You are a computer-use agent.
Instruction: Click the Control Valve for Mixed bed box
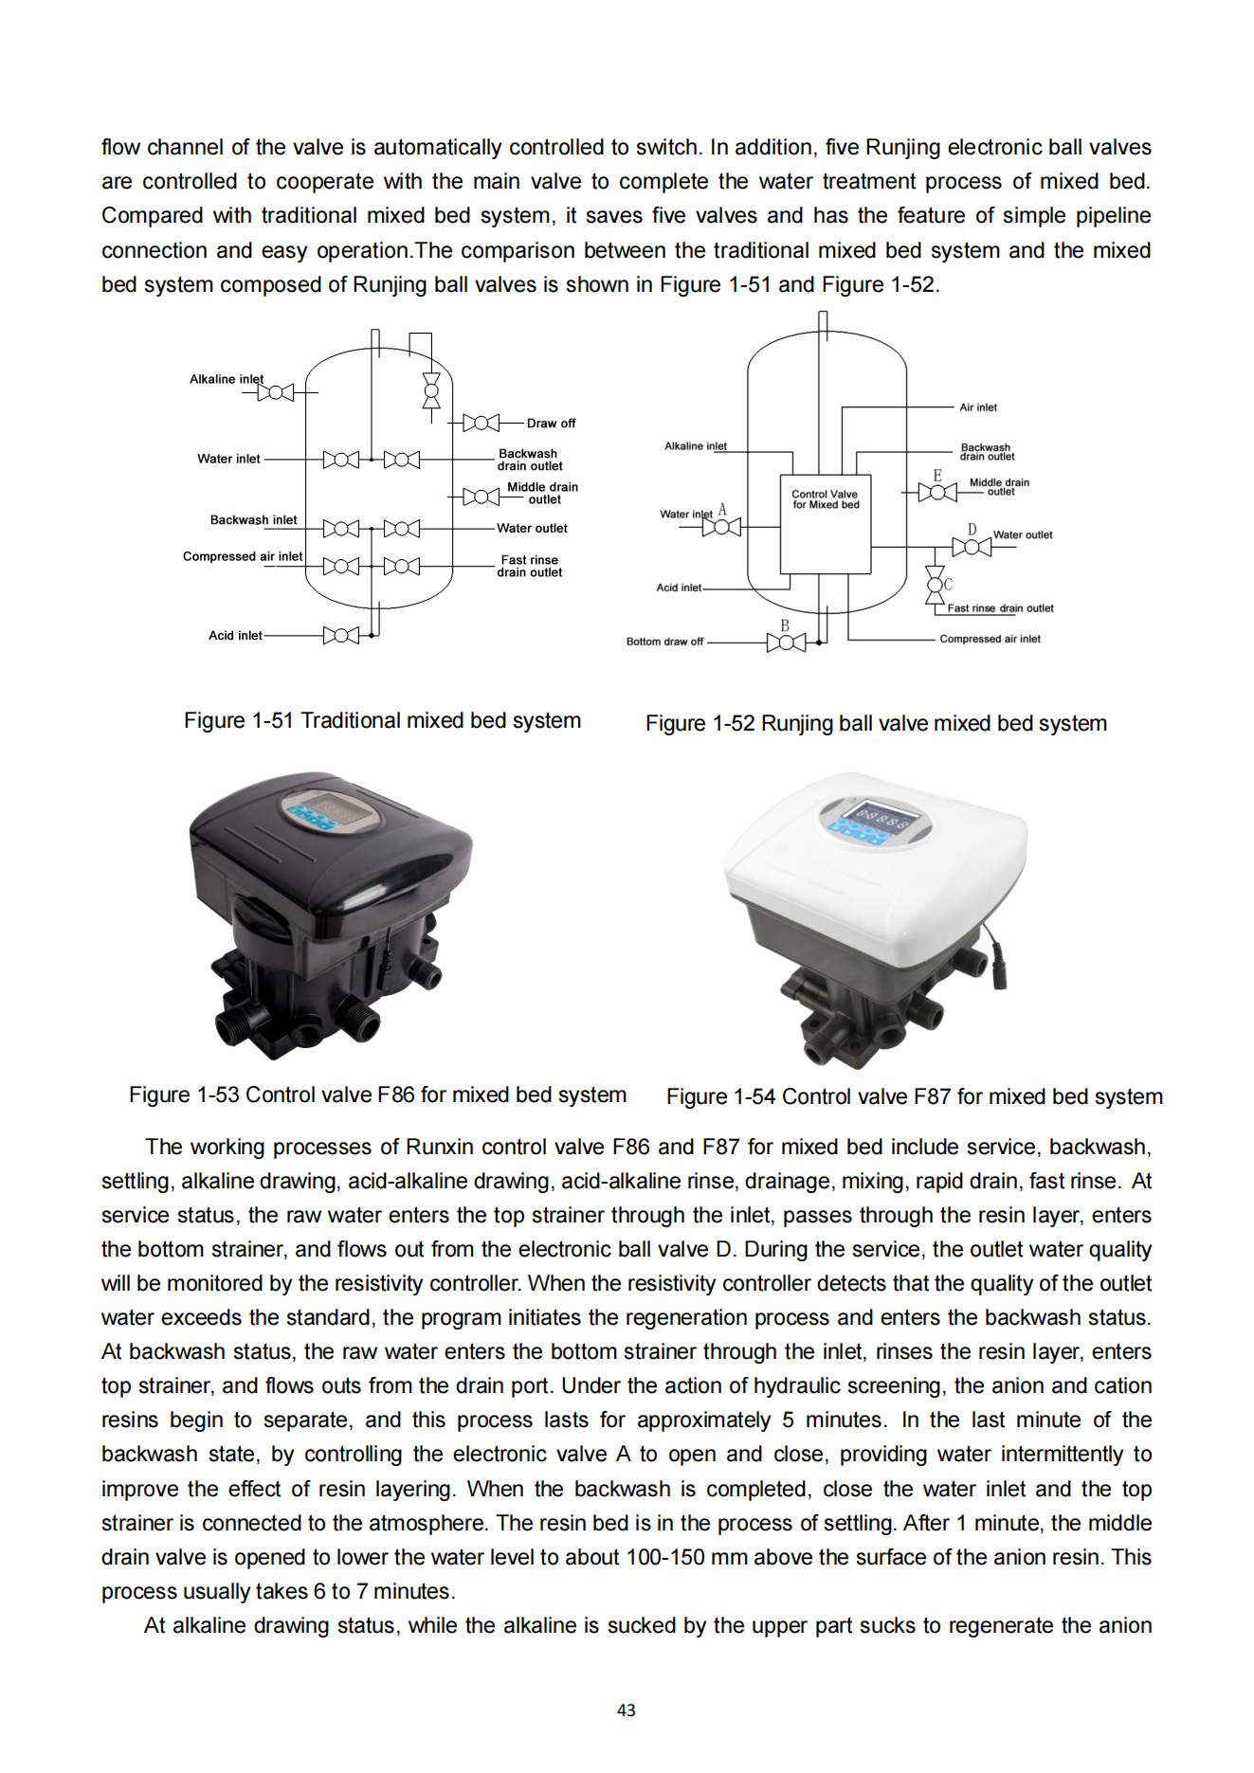click(x=825, y=524)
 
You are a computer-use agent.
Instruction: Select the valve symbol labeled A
click(x=721, y=526)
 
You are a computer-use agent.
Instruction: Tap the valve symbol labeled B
click(x=786, y=643)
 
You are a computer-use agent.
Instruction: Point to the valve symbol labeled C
click(x=935, y=585)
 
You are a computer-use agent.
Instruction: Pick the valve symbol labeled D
click(x=972, y=547)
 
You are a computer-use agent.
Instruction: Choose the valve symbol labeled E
click(x=937, y=492)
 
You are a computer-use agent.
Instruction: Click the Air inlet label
click(x=977, y=407)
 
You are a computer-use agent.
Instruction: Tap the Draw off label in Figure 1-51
click(x=551, y=424)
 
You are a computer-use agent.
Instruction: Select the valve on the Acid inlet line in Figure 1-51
click(x=341, y=635)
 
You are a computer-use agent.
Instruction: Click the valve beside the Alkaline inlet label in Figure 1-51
click(x=276, y=391)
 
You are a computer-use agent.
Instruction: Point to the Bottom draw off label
click(x=664, y=642)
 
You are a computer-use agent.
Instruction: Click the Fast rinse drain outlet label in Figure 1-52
click(x=1000, y=608)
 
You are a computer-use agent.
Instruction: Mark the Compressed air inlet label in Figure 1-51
click(x=243, y=556)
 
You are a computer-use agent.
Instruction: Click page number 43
click(x=627, y=1710)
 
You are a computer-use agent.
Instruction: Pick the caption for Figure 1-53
click(x=377, y=1095)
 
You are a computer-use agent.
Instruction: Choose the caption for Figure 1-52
click(x=876, y=723)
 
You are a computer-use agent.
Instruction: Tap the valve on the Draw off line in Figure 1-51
click(x=481, y=423)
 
